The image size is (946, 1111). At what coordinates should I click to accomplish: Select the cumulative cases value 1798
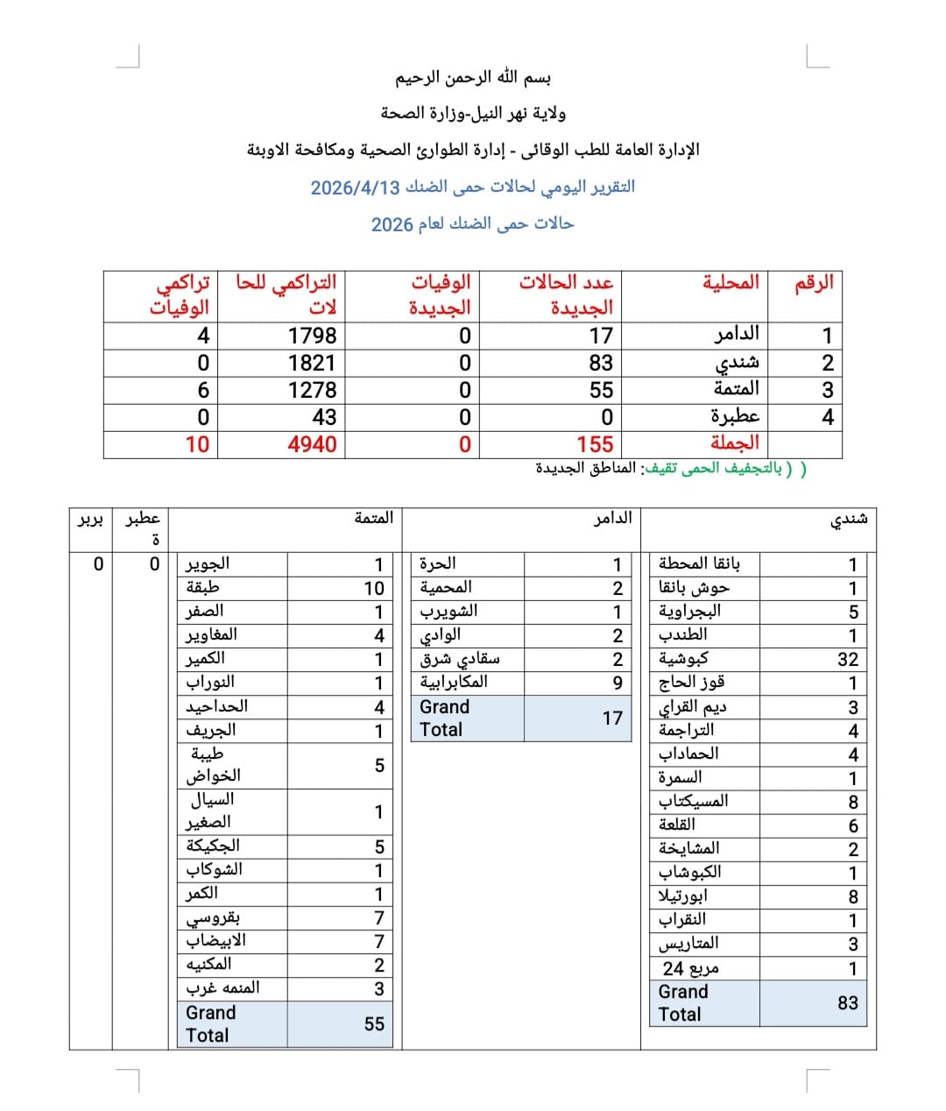click(312, 336)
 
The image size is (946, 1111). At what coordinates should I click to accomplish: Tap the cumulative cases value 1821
click(312, 363)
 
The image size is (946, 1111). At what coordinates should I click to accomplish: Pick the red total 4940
click(312, 444)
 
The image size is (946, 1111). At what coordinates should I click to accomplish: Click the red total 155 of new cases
click(595, 444)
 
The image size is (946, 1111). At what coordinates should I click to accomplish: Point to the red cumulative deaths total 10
click(197, 444)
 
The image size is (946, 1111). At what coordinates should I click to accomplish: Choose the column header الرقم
click(814, 283)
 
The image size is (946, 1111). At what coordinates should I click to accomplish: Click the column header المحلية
click(731, 283)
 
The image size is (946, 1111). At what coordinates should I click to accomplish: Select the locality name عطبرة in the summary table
click(735, 416)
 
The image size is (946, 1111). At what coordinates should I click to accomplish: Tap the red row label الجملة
click(735, 443)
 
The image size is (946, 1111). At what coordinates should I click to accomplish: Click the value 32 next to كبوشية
click(848, 660)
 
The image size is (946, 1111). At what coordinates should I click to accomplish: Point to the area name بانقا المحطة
click(699, 563)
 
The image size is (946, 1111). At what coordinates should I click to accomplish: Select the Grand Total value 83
click(848, 1003)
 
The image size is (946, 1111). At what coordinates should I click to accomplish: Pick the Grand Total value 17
click(612, 718)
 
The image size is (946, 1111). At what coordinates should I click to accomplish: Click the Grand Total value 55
click(374, 1024)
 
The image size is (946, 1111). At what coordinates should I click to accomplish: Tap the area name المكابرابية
click(454, 683)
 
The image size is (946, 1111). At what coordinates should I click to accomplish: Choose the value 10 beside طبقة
click(374, 589)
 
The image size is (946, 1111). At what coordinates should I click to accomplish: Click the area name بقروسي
click(213, 917)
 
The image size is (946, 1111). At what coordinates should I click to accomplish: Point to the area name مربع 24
click(690, 968)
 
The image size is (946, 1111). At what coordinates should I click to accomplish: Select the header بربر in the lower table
click(90, 520)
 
